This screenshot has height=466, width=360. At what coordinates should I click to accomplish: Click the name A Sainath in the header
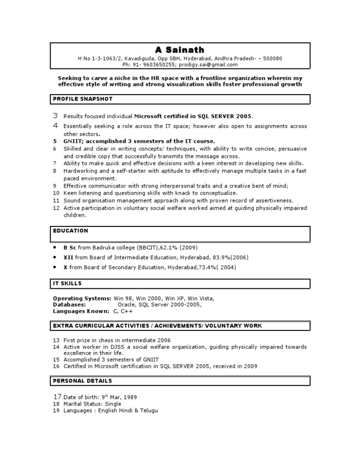click(180, 50)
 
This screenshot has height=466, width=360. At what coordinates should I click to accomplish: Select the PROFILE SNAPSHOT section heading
click(82, 99)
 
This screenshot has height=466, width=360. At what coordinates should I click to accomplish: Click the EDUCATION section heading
click(71, 231)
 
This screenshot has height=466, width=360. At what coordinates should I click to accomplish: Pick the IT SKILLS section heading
click(67, 283)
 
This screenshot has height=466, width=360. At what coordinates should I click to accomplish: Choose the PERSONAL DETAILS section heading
click(82, 381)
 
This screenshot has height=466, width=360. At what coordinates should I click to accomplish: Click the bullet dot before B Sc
click(55, 247)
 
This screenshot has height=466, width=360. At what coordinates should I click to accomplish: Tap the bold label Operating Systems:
click(82, 298)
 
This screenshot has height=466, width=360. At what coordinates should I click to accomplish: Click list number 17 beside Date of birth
click(56, 397)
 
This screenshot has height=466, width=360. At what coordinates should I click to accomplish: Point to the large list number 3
click(55, 116)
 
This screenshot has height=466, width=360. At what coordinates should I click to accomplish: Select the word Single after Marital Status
click(113, 404)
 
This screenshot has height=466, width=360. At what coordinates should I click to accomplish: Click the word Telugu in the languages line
click(149, 410)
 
